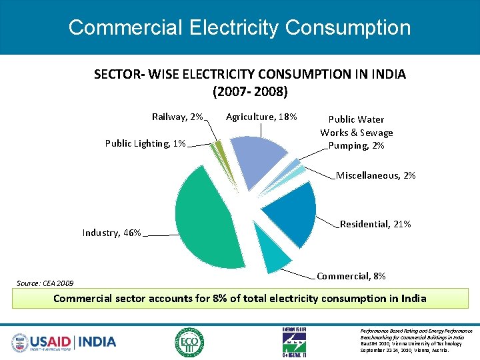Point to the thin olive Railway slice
[218, 148]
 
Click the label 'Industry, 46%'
[111, 233]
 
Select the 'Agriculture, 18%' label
[261, 117]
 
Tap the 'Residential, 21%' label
[375, 224]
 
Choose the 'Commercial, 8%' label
[351, 275]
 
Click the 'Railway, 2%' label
[177, 117]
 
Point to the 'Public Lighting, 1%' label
[145, 143]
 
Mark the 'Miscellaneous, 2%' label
[376, 175]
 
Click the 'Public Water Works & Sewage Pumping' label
[357, 132]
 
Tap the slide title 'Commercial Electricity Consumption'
[239, 27]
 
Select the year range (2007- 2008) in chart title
[249, 90]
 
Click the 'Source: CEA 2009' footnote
[45, 283]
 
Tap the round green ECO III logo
[190, 342]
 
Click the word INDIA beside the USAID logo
[97, 342]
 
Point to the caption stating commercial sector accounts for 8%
[239, 298]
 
